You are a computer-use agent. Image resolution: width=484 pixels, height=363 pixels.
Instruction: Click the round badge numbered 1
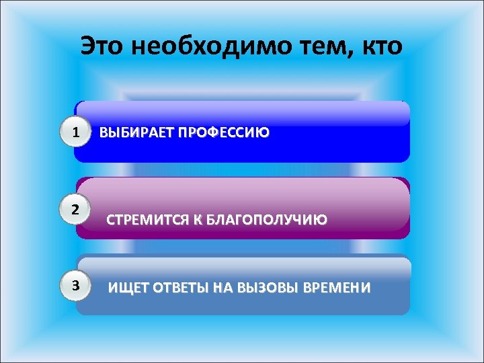click(x=79, y=132)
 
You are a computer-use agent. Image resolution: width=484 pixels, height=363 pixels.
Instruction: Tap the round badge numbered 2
click(x=79, y=208)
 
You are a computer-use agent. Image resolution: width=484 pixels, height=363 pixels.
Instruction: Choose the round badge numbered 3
click(x=79, y=285)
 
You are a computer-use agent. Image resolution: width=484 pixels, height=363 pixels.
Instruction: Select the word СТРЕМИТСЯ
click(x=145, y=220)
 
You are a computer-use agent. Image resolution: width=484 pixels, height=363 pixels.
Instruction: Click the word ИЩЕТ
click(x=128, y=288)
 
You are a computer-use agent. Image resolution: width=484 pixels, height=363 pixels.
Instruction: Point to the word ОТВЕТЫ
click(x=182, y=288)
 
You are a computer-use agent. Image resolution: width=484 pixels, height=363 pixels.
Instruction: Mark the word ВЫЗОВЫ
click(x=269, y=288)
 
